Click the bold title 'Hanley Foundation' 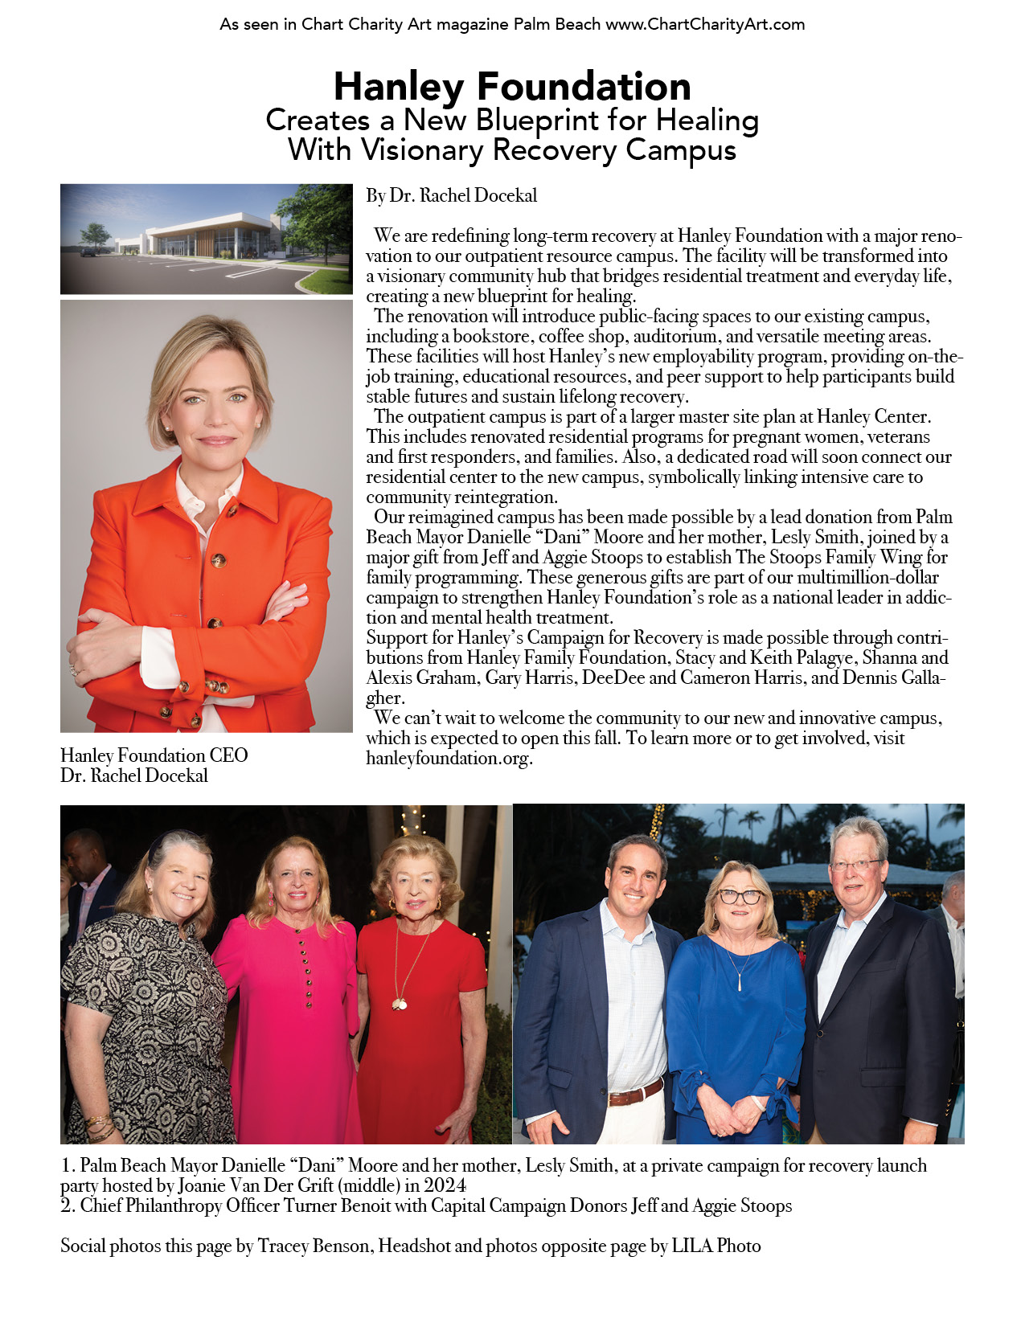click(512, 87)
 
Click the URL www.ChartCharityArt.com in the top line click(704, 24)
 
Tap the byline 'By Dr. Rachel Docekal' click(451, 195)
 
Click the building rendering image click(206, 239)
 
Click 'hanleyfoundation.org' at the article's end click(449, 758)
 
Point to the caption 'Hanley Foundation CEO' click(154, 755)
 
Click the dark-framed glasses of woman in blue click(739, 897)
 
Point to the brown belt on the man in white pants click(635, 1092)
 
